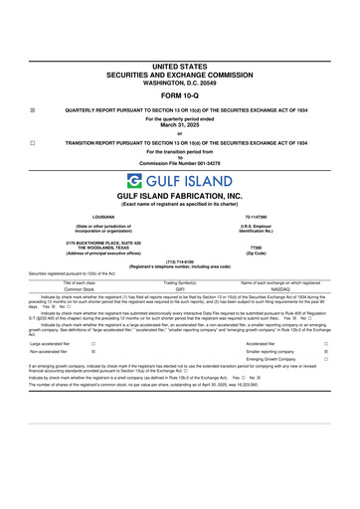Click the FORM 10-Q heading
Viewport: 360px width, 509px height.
coord(180,95)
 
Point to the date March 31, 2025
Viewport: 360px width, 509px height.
coord(180,125)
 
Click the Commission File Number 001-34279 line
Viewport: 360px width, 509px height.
coord(180,163)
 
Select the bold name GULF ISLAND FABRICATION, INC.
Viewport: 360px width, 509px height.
coord(180,197)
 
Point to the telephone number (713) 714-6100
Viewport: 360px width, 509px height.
coord(180,262)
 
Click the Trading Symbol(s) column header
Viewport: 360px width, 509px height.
coord(180,282)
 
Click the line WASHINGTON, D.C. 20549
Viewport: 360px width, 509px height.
coord(180,81)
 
